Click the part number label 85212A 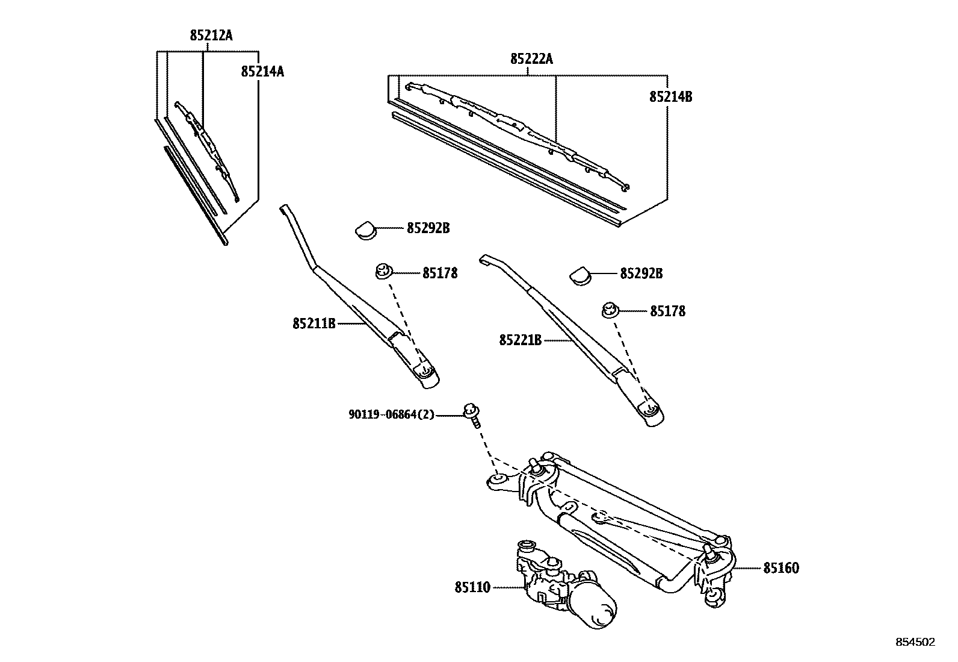211,36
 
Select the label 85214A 262,72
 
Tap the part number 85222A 531,59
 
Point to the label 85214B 670,97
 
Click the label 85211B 314,324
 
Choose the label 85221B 520,340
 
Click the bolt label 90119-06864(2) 391,415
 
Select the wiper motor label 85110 472,587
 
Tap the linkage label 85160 781,568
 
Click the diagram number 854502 915,643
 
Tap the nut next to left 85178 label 382,272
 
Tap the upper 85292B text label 428,228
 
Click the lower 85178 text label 667,311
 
